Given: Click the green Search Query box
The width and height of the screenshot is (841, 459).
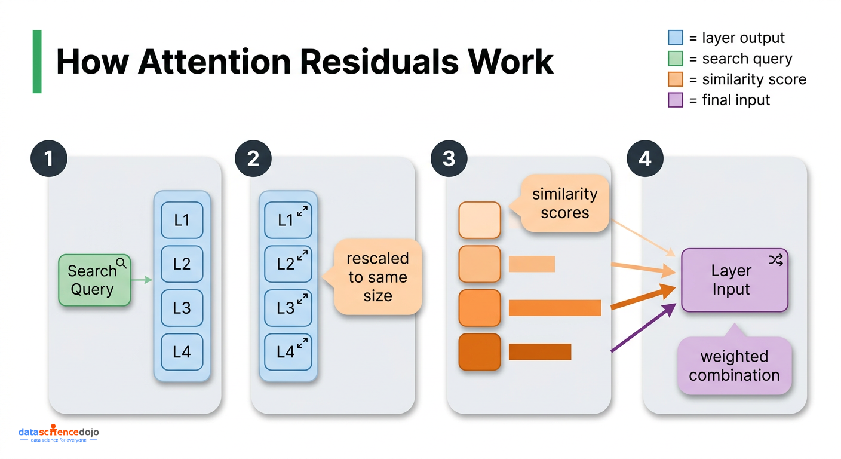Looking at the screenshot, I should pyautogui.click(x=94, y=280).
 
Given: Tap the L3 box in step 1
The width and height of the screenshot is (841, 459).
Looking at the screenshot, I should pyautogui.click(x=182, y=308).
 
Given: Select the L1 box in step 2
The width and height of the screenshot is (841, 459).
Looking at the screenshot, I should pyautogui.click(x=288, y=220).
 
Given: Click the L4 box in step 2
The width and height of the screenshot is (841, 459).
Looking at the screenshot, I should pyautogui.click(x=288, y=351).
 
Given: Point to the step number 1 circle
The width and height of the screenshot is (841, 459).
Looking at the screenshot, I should pyautogui.click(x=48, y=158).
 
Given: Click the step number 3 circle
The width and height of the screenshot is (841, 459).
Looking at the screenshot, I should pyautogui.click(x=449, y=158).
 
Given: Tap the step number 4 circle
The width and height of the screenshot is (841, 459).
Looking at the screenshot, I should pyautogui.click(x=644, y=158).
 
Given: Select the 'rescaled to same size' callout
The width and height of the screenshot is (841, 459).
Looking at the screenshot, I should pyautogui.click(x=377, y=277).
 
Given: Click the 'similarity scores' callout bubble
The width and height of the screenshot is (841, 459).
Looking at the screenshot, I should pyautogui.click(x=564, y=204).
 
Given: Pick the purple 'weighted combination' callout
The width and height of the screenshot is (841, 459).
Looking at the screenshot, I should pyautogui.click(x=734, y=366).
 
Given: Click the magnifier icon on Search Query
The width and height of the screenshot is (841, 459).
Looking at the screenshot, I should pyautogui.click(x=122, y=262).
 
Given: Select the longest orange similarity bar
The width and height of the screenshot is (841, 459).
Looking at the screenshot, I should pyautogui.click(x=554, y=308).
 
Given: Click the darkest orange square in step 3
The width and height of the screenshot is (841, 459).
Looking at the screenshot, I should pyautogui.click(x=479, y=352).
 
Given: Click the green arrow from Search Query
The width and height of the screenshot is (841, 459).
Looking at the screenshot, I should pyautogui.click(x=142, y=280).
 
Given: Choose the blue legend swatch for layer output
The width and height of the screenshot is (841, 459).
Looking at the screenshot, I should pyautogui.click(x=675, y=38).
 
